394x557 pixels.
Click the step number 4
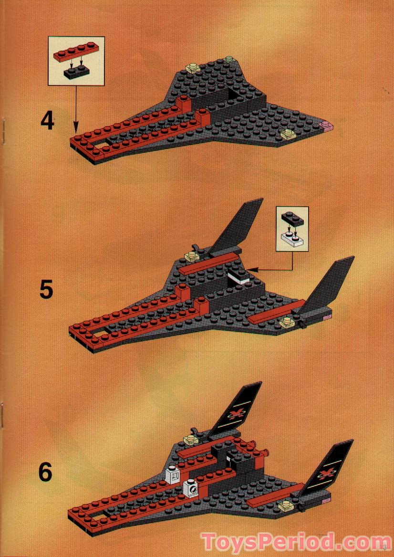coord(47,121)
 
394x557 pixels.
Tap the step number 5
coord(46,290)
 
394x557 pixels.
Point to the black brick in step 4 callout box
coord(77,73)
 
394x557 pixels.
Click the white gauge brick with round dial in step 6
coord(191,488)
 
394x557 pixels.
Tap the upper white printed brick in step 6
coord(172,474)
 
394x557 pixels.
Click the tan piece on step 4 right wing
coord(288,134)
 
